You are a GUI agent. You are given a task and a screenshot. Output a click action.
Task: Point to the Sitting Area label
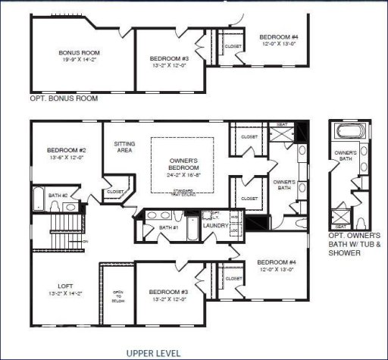(124, 146)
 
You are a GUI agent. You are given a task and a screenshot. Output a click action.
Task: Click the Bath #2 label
(58, 196)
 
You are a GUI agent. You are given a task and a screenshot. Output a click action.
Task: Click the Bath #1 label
(168, 228)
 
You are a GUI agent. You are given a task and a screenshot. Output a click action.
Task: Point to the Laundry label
(216, 225)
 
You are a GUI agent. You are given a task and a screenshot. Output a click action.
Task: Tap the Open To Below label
(117, 296)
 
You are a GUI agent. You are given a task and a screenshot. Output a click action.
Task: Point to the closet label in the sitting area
(114, 192)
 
